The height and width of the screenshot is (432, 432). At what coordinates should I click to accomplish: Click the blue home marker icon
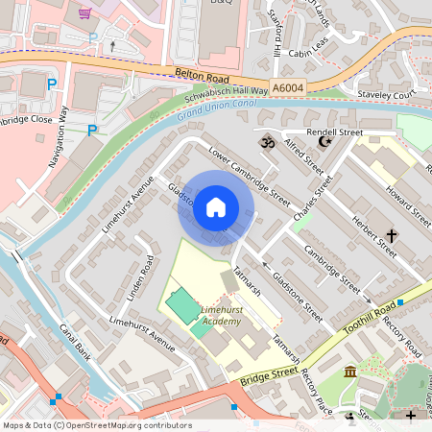216,207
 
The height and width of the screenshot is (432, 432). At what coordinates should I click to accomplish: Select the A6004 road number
286,86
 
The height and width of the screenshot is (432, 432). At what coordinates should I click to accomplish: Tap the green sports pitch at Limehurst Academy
179,306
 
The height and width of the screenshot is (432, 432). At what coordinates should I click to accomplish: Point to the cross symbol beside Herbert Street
392,234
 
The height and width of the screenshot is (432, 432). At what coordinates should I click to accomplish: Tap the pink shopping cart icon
84,13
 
